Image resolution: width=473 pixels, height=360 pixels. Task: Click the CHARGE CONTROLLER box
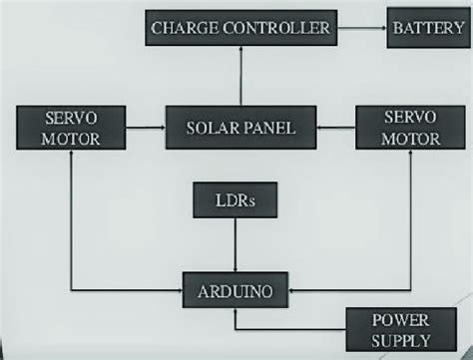tap(239, 28)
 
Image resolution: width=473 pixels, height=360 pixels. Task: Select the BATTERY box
tap(425, 28)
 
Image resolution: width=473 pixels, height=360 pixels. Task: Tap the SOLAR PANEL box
tap(238, 128)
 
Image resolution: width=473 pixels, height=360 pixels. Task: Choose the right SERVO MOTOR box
tap(397, 128)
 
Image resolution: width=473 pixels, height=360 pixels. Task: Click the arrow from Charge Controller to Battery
tap(359, 28)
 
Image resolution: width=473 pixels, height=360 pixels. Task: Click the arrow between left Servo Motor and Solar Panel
tap(140, 128)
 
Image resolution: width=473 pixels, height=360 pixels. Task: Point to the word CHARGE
tap(182, 28)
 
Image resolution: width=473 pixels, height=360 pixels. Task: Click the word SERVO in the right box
tap(397, 118)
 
